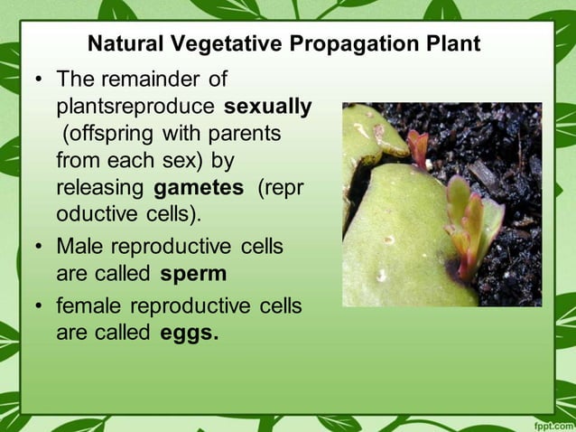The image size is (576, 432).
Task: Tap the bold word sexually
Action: tap(268, 108)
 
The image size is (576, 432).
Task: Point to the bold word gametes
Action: tap(199, 189)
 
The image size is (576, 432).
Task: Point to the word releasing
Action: tap(101, 189)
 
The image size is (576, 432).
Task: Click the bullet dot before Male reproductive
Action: tap(39, 247)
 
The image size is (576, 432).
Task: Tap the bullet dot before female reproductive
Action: tap(39, 306)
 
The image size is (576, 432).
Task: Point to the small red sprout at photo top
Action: tap(417, 147)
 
